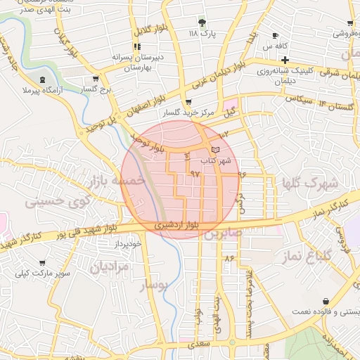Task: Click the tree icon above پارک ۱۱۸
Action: pyautogui.click(x=203, y=23)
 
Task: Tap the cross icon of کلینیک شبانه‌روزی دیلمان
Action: pyautogui.click(x=284, y=60)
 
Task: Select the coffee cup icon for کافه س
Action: pyautogui.click(x=275, y=36)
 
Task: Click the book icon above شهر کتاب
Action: pyautogui.click(x=215, y=149)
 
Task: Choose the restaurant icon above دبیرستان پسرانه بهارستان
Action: pyautogui.click(x=138, y=46)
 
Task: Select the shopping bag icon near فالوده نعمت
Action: pyautogui.click(x=326, y=302)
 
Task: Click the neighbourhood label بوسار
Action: pyautogui.click(x=155, y=285)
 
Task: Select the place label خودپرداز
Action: pyautogui.click(x=131, y=244)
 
